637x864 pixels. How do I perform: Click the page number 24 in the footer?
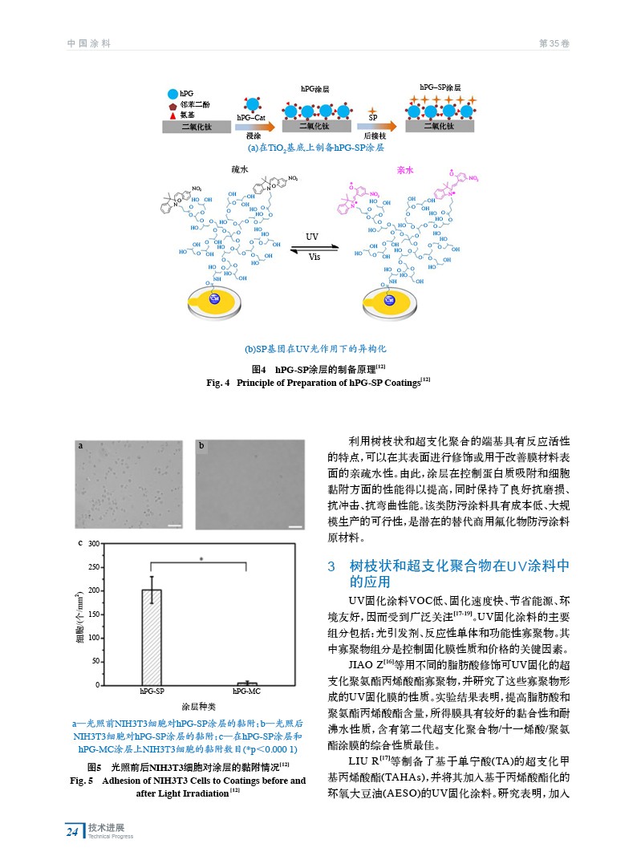(72, 832)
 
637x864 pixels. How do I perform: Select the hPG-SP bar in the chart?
(152, 637)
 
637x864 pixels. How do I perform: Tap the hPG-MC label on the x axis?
(246, 692)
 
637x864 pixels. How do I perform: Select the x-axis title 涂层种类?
(199, 707)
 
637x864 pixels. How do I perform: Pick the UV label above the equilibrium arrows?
(313, 237)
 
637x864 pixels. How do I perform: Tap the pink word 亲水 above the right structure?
(405, 170)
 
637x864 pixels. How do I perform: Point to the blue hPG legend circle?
(172, 95)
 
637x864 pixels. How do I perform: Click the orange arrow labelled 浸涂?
(254, 127)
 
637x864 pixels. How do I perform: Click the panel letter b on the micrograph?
(202, 445)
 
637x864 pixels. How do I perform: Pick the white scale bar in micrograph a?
(174, 526)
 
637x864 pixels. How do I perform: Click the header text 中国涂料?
(89, 43)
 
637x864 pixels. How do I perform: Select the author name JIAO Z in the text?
(366, 664)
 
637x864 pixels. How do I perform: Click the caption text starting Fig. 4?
(318, 383)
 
